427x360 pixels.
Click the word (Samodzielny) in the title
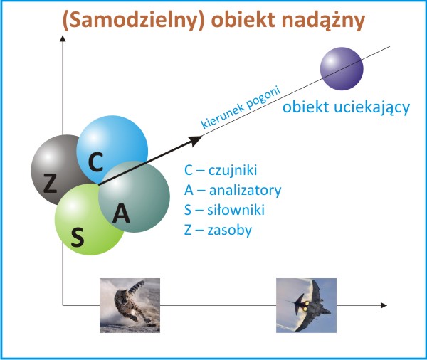click(x=134, y=21)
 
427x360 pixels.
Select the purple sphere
click(x=342, y=68)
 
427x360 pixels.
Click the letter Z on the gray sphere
click(x=50, y=183)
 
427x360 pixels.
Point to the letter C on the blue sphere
click(x=96, y=162)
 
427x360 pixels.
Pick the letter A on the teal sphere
click(x=121, y=213)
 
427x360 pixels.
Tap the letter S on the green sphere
click(x=78, y=237)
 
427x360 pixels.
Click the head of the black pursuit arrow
click(x=196, y=139)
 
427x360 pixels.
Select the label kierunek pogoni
click(x=241, y=107)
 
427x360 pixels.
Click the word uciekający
click(x=371, y=107)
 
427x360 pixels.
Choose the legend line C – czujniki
click(x=221, y=171)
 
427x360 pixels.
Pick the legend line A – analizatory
click(x=233, y=191)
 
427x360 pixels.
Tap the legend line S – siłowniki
click(x=224, y=210)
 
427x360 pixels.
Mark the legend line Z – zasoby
click(x=218, y=230)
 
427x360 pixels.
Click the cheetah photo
click(x=130, y=305)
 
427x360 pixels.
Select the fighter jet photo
click(x=306, y=305)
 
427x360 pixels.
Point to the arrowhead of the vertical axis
click(x=63, y=38)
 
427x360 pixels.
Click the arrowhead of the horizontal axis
click(x=384, y=305)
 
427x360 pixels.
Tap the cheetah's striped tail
click(x=137, y=287)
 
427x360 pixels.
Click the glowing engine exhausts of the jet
click(x=307, y=307)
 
